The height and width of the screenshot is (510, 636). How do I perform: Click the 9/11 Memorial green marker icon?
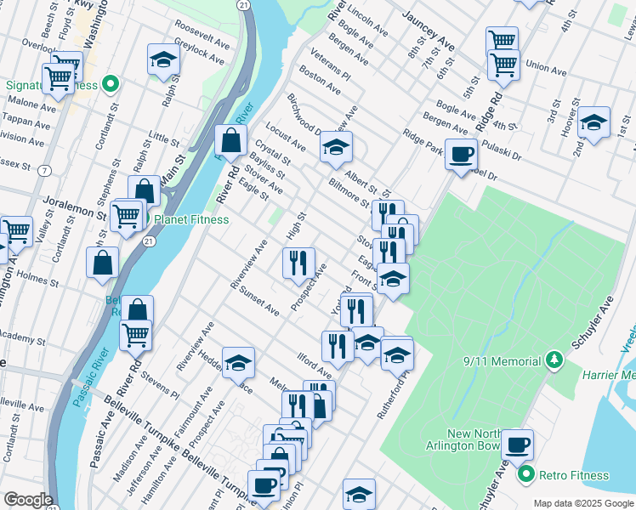point(554,360)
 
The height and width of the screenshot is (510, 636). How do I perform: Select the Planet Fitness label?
point(191,219)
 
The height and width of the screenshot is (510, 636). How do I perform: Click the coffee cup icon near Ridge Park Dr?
point(461,154)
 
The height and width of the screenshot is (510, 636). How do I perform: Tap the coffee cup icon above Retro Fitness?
point(516,444)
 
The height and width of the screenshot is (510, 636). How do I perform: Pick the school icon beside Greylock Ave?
point(163,59)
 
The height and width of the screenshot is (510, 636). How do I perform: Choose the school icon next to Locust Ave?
point(337,148)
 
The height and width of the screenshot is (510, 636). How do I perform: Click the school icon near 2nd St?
point(593,122)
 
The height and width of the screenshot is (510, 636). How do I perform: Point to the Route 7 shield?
point(43,171)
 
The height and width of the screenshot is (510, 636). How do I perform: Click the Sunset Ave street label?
point(259,301)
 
